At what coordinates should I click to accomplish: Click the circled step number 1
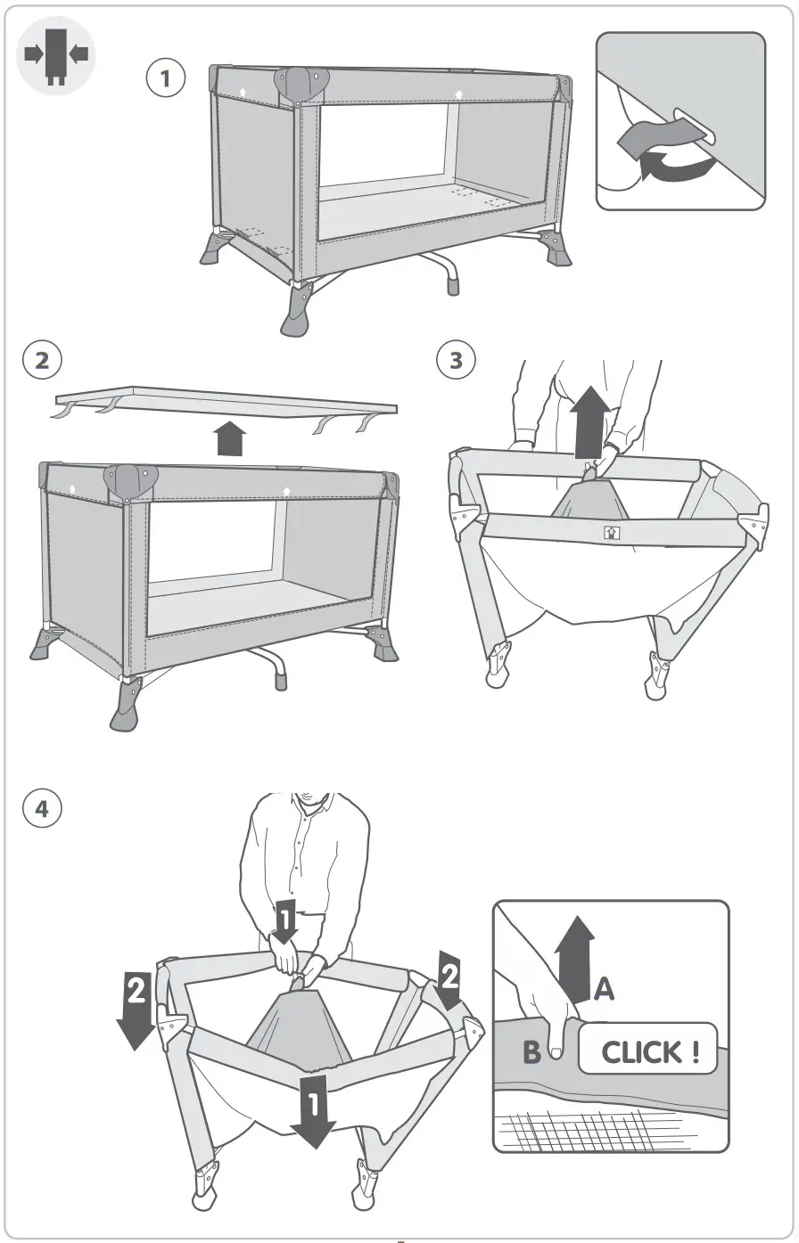[x=165, y=78]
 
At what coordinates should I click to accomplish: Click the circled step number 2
[x=42, y=360]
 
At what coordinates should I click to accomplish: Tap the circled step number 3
[x=456, y=360]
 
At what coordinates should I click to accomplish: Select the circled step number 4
[x=42, y=808]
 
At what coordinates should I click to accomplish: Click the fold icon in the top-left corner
[x=56, y=55]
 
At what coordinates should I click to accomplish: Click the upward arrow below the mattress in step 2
[x=230, y=438]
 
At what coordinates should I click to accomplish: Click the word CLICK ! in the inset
[x=647, y=1051]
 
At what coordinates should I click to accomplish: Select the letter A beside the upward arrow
[x=604, y=988]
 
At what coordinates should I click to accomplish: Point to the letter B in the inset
[x=531, y=1052]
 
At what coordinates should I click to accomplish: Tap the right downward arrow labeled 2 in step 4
[x=449, y=981]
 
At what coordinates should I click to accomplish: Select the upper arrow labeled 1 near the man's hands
[x=284, y=920]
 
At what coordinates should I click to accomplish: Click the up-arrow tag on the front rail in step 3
[x=612, y=532]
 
